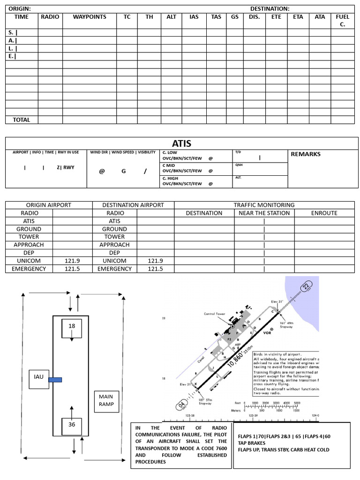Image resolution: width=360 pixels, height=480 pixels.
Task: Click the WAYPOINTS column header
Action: [x=90, y=17]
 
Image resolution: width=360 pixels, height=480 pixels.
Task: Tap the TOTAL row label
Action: [x=21, y=120]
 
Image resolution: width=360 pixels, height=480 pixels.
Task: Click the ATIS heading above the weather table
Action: [x=181, y=143]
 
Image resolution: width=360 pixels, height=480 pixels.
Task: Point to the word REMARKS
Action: [x=306, y=154]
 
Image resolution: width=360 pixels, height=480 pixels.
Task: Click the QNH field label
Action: [x=239, y=165]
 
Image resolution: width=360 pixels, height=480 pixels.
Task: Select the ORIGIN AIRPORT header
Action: [x=49, y=205]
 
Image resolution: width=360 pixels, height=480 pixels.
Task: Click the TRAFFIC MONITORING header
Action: [x=264, y=205]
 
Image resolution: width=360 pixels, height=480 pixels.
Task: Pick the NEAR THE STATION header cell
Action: [x=264, y=213]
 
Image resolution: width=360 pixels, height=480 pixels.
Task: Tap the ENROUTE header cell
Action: [x=324, y=213]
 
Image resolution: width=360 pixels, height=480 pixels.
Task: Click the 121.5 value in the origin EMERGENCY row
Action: [x=73, y=269]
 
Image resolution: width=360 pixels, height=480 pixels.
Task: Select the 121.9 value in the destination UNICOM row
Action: [x=155, y=261]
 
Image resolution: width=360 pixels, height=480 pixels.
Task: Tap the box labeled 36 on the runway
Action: [x=72, y=425]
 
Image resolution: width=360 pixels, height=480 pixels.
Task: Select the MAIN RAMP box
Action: [x=106, y=401]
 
